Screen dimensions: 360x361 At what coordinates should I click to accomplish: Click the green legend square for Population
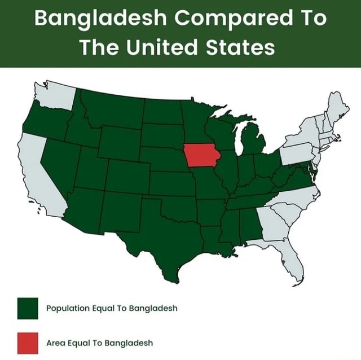28,308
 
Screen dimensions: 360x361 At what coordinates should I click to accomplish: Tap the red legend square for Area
28,341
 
